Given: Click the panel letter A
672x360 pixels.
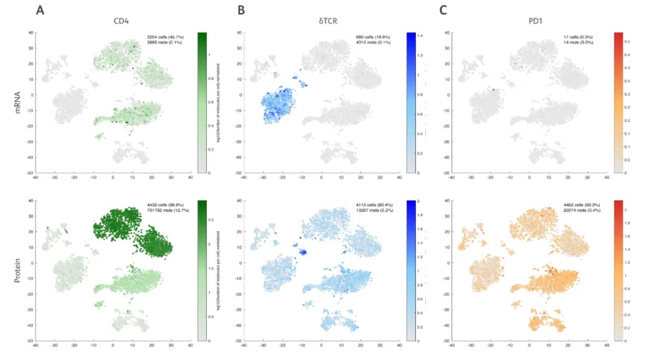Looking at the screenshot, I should [x=39, y=10].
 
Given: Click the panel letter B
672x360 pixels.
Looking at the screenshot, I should [x=241, y=10].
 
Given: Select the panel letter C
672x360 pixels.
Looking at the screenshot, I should [x=443, y=10].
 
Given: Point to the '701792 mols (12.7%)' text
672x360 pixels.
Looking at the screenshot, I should [x=165, y=210].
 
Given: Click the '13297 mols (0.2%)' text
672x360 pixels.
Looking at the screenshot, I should [x=372, y=210].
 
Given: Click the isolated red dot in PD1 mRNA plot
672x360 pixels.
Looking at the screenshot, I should [x=493, y=89].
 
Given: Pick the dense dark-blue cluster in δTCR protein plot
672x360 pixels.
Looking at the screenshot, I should [x=302, y=252].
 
